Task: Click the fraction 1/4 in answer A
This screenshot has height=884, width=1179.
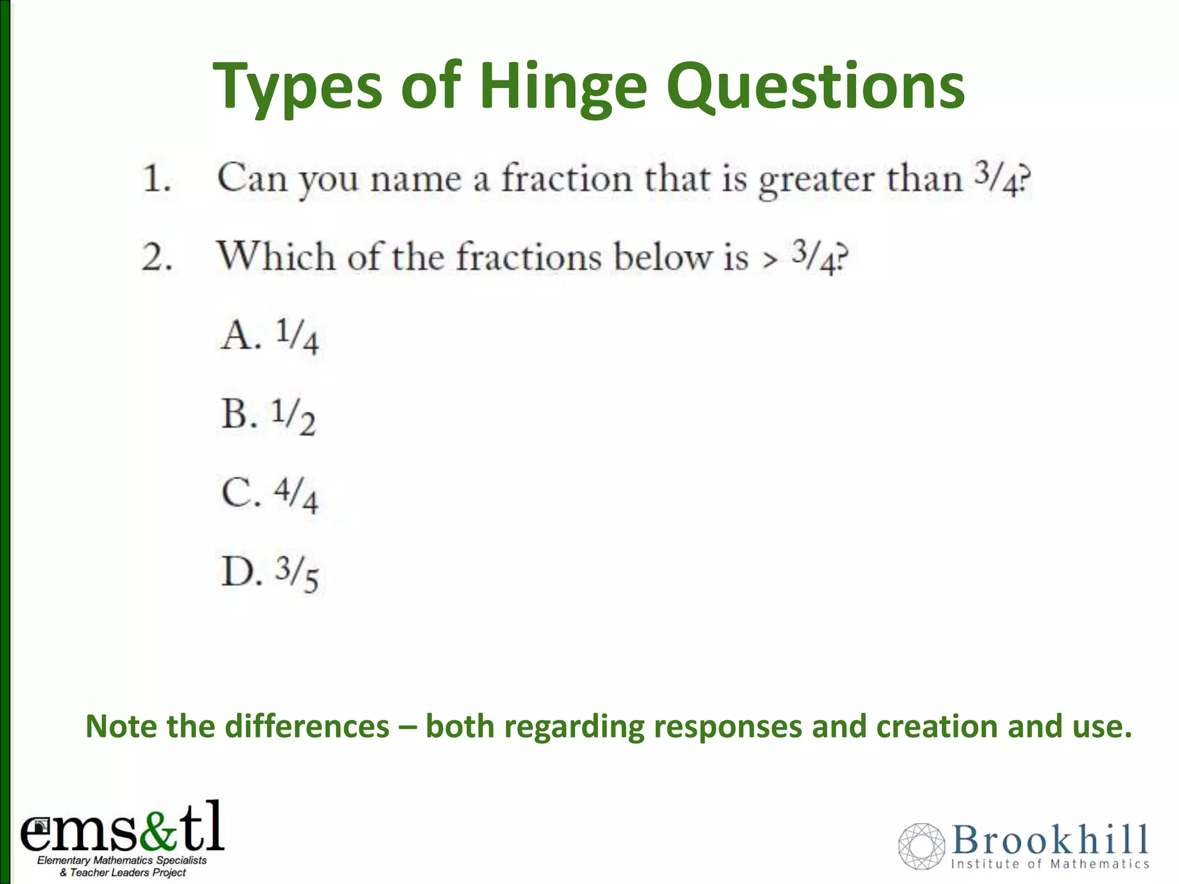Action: tap(297, 337)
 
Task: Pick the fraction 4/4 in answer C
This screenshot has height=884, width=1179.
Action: tap(296, 495)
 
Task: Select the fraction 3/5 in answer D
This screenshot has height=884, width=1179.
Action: tap(297, 574)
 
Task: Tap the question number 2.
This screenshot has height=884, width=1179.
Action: tap(157, 257)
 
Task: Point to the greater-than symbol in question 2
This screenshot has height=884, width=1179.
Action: tap(770, 260)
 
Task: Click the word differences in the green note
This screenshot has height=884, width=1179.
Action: tap(307, 726)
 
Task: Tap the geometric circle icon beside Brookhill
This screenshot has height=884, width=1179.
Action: tap(921, 845)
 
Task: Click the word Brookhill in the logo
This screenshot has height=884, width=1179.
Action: tap(1049, 840)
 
